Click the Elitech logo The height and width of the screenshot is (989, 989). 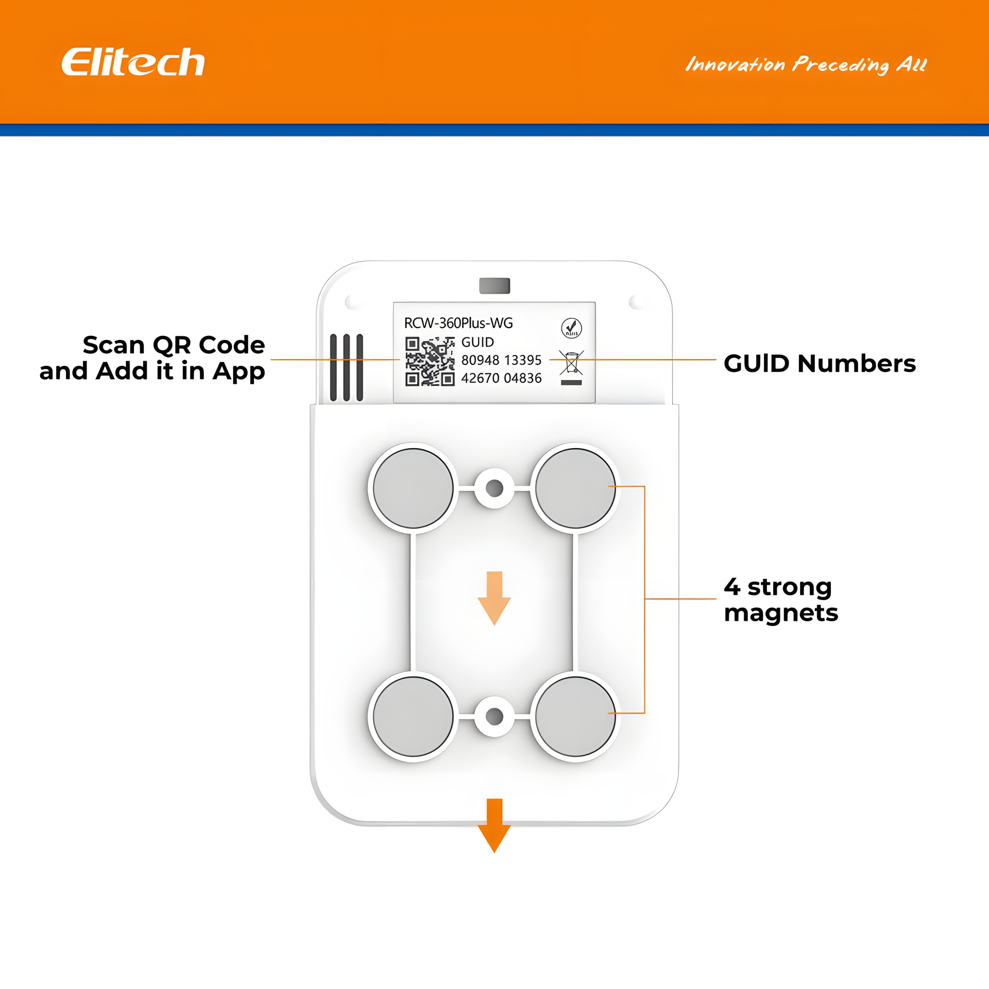tap(133, 62)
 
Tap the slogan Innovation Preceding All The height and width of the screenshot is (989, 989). tap(806, 65)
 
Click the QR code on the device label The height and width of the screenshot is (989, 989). tap(430, 361)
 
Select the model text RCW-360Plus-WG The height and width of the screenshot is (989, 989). tap(458, 323)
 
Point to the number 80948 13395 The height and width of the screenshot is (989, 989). tap(501, 360)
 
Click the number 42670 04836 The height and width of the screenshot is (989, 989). tap(501, 378)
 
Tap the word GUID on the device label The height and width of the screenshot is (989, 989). tap(478, 342)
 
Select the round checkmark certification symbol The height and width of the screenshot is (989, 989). tap(571, 328)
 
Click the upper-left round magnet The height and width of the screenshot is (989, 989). tap(413, 488)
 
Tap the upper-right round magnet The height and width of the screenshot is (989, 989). tap(575, 488)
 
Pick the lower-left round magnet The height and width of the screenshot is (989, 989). tap(413, 717)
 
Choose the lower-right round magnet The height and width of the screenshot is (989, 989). tap(575, 717)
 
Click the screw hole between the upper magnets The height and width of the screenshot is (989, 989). tap(494, 488)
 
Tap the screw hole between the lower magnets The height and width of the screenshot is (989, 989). tap(494, 717)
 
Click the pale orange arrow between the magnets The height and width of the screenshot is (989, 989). tap(494, 598)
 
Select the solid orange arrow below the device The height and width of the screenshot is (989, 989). tap(494, 826)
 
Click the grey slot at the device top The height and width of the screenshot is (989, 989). tap(494, 285)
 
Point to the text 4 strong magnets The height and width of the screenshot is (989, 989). tap(781, 600)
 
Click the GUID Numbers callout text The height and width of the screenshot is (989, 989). tap(820, 363)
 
